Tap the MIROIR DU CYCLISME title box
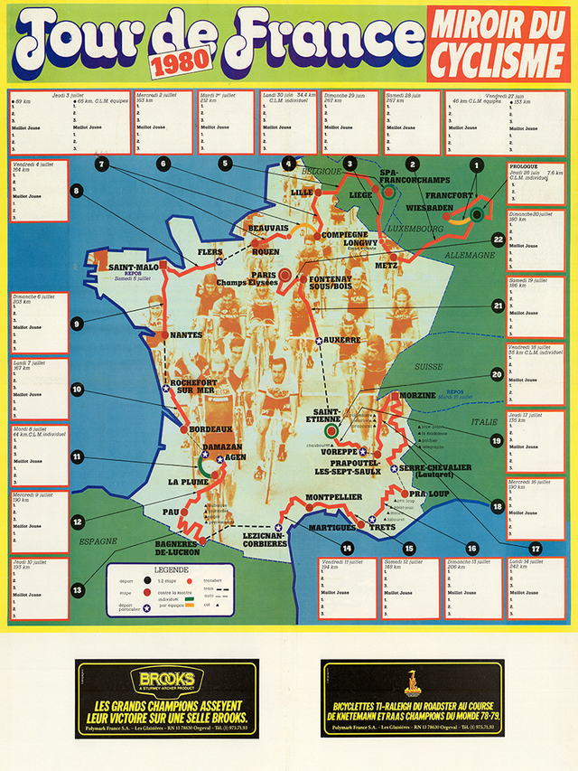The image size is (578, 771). pos(498,43)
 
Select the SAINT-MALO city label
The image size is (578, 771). pos(135,268)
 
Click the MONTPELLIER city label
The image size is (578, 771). pos(334,497)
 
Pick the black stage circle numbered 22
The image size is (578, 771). pos(498,240)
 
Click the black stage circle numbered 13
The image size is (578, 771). pos(78,590)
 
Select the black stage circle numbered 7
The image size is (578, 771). pos(101,164)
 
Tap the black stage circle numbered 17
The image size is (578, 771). pos(536,549)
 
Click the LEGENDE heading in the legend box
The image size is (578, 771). pos(171,570)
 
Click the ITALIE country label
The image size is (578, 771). pos(479,422)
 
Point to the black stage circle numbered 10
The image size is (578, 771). pos(78,390)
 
